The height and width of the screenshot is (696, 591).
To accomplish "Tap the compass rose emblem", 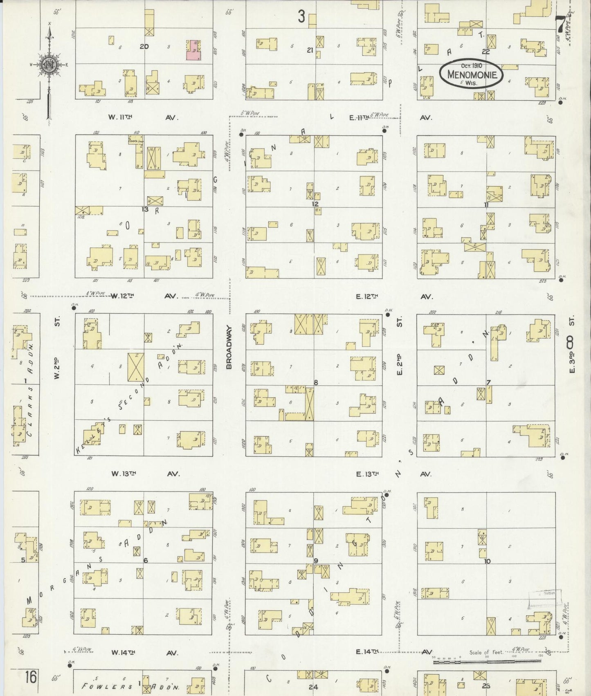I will (x=49, y=65).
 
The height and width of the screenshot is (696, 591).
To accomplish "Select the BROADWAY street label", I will (x=229, y=347).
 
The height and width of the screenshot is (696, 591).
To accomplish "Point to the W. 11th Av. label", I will (x=144, y=117).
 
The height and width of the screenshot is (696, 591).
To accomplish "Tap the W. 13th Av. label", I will (x=145, y=474).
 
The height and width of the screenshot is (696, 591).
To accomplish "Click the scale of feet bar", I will (x=487, y=661).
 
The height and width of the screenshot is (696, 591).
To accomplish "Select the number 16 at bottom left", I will (x=29, y=677).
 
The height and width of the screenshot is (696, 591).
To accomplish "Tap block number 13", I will (x=145, y=209).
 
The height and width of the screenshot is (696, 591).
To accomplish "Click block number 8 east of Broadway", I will (x=316, y=382).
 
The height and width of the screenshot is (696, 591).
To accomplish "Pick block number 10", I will (x=487, y=561).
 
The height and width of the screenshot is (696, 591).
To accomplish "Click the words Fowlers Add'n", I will (x=131, y=687).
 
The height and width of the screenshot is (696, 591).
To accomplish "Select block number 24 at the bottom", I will (x=313, y=687).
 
